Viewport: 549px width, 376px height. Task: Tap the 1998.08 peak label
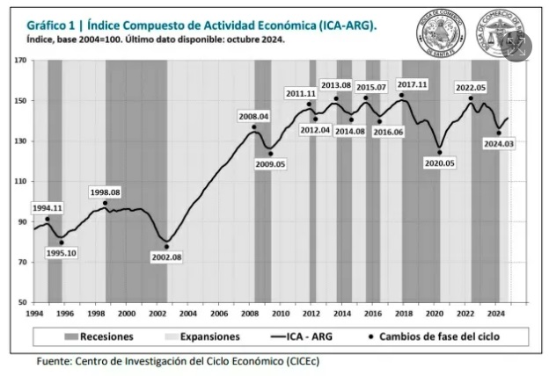click(106, 192)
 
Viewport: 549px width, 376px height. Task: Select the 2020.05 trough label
click(439, 163)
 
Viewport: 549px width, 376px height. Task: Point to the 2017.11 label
click(412, 84)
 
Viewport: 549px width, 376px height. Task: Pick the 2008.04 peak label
click(253, 116)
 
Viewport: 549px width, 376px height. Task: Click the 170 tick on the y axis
click(21, 61)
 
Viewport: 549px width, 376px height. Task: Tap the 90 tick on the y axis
click(21, 221)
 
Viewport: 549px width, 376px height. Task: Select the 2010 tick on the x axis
click(280, 313)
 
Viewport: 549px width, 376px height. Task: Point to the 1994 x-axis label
click(34, 313)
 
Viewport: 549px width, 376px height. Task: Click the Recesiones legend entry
click(95, 336)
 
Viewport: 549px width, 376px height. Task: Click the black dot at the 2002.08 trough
click(166, 247)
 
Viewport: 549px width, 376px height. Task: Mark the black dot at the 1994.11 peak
click(48, 220)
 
